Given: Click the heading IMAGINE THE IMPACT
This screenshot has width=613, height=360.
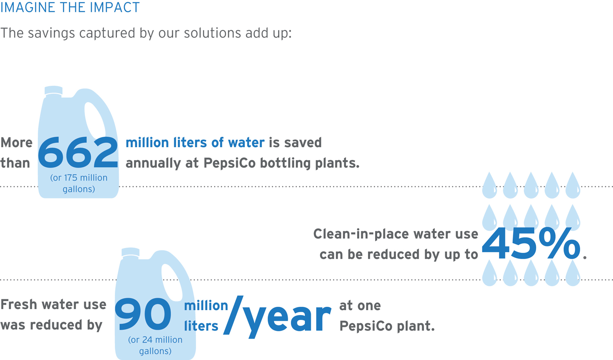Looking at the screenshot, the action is pos(70,7).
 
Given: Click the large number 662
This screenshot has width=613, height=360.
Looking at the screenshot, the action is pos(78,152).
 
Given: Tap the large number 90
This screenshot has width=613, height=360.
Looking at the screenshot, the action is pos(143,314).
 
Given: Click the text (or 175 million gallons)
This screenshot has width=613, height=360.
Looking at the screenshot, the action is pos(79,183).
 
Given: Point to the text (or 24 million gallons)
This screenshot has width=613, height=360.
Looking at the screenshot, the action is pos(155,345).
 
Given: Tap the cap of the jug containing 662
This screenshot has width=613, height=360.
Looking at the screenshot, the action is pos(54,91).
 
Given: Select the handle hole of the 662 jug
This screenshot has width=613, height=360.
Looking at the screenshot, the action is pos(95,121).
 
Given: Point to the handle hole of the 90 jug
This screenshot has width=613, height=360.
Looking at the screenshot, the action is pos(172,282).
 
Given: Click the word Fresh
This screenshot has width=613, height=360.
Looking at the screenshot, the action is pos(19,304).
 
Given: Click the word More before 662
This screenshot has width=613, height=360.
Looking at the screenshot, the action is pos(16,143).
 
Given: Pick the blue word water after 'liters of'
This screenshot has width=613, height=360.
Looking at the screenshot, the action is pos(246,143).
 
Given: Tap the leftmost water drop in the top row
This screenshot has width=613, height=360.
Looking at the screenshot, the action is pos(490,186).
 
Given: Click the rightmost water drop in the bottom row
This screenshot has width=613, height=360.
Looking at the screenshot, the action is pos(573,273).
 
